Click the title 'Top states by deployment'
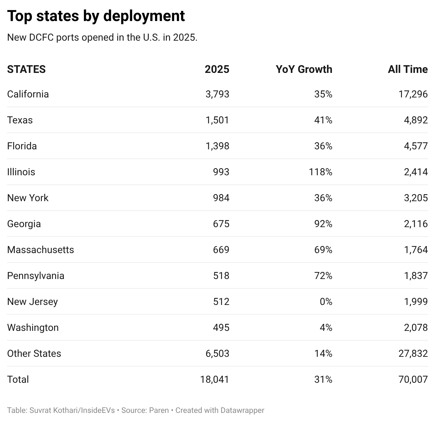(96, 16)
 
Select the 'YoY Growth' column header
(304, 69)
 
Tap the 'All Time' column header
(408, 69)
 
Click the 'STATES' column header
(26, 69)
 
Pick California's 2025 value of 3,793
(217, 94)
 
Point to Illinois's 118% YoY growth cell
(321, 172)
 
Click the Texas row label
(20, 120)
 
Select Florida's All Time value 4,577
(416, 146)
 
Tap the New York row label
(28, 198)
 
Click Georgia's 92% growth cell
(323, 224)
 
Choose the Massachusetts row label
(40, 250)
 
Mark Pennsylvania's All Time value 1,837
(416, 275)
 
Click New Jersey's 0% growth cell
(326, 301)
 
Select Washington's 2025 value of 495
(221, 327)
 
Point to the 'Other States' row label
(34, 353)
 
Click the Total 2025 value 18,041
(215, 379)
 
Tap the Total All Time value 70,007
(413, 379)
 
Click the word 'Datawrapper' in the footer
(242, 410)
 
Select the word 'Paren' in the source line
(159, 410)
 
